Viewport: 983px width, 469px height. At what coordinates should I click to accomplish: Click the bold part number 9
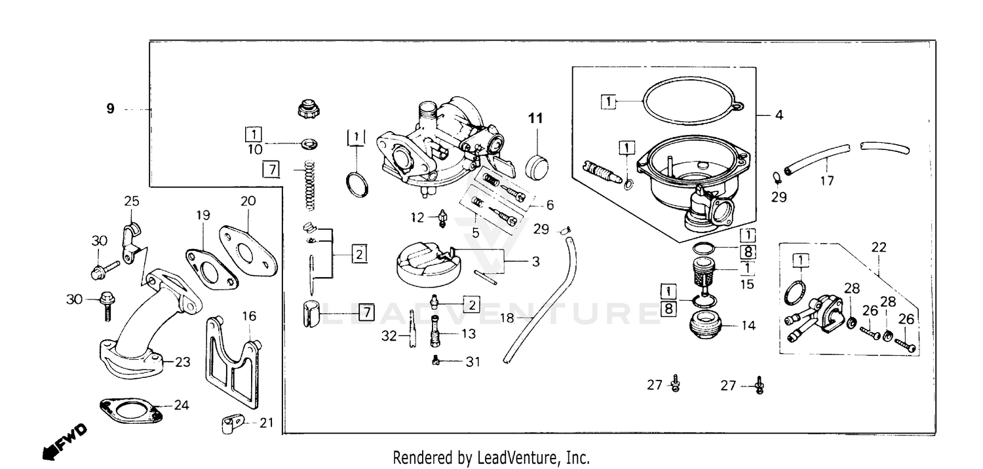point(110,109)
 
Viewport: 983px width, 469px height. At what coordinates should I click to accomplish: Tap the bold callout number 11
point(536,119)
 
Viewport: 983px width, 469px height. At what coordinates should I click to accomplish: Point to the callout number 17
point(828,181)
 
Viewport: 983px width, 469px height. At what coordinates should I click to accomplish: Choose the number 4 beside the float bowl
point(779,115)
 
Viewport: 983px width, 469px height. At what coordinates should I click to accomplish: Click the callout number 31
point(473,362)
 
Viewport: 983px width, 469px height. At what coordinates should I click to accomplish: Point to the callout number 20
point(248,202)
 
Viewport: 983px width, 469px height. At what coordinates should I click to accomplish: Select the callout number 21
point(265,422)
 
